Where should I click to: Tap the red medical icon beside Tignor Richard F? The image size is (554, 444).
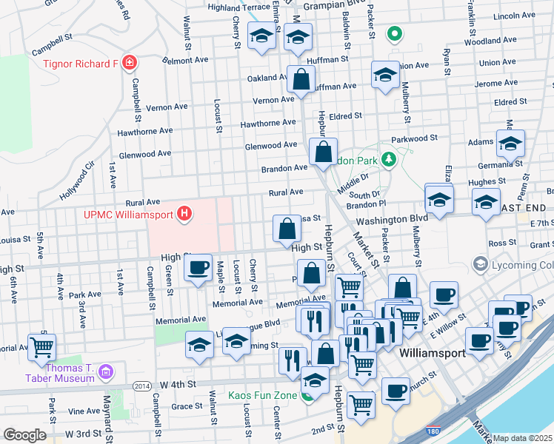130,63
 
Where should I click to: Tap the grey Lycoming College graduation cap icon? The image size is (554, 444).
481,264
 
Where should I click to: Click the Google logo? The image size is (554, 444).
24,435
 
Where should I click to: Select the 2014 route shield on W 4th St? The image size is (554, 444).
142,386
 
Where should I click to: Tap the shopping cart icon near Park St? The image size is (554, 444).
42,346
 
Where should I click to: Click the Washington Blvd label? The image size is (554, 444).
392,220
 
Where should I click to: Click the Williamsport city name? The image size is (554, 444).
432,354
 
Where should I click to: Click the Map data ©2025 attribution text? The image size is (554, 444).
522,438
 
